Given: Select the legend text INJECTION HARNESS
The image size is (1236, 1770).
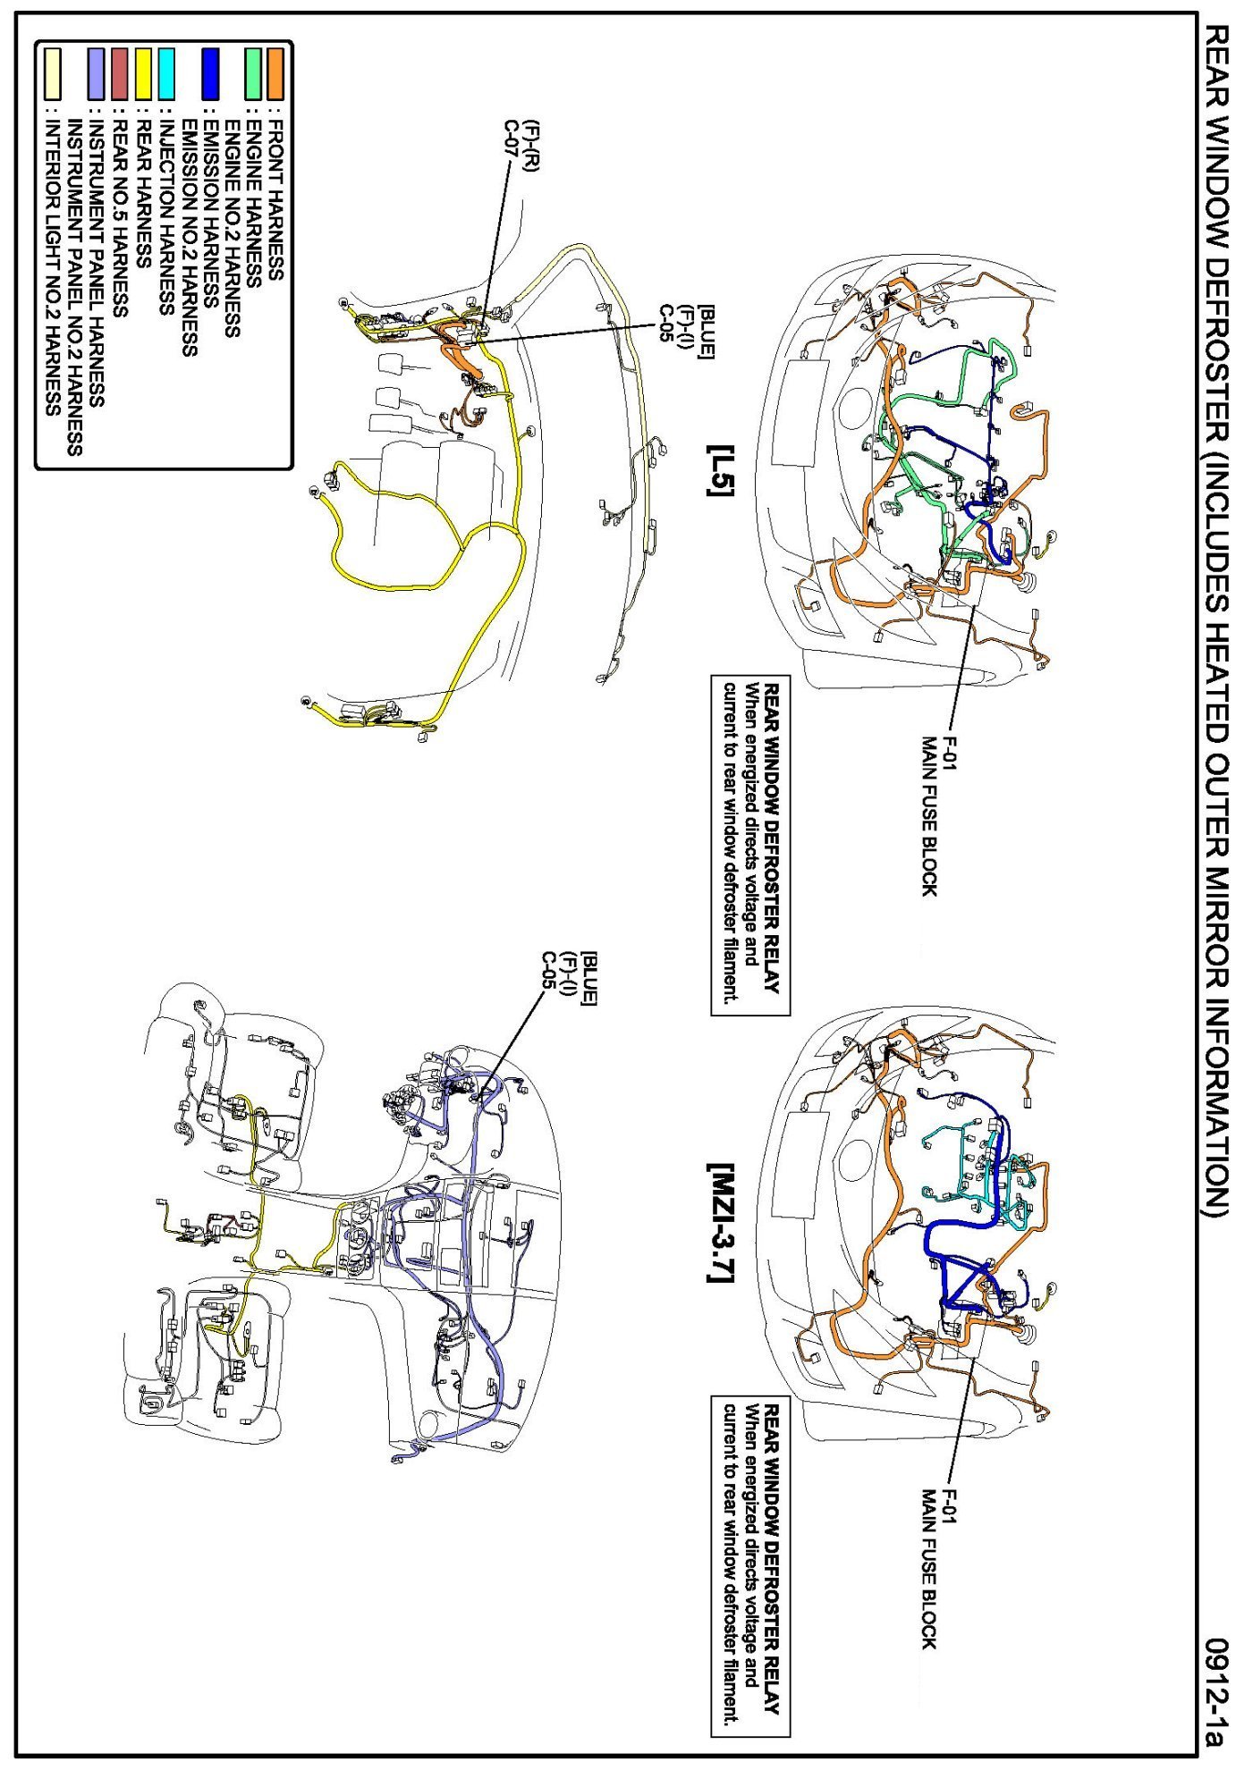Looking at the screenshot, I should pos(165,215).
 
